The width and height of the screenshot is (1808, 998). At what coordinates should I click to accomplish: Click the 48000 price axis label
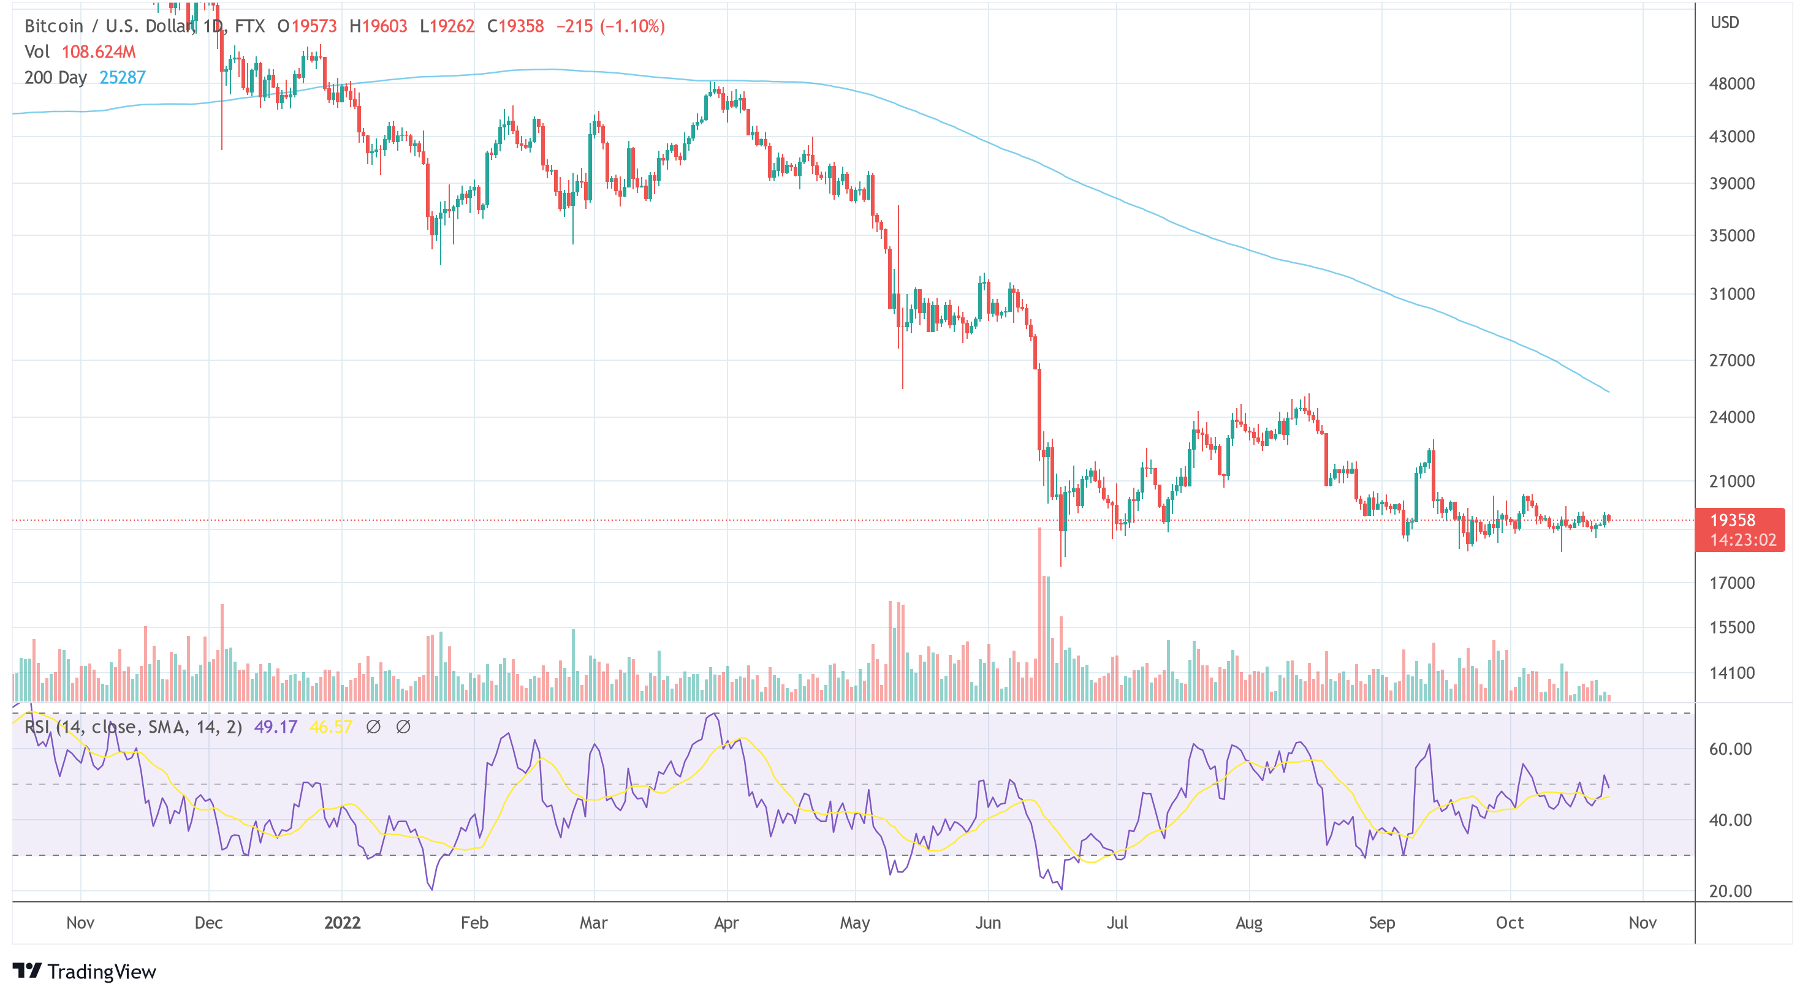coord(1731,83)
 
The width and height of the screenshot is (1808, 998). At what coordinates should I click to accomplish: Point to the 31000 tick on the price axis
coord(1731,294)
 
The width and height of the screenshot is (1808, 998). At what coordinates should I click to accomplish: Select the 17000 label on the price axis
coord(1731,583)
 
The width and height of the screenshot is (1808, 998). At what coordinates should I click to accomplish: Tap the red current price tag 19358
coord(1739,521)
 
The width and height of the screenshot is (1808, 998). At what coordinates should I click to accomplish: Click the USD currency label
coord(1725,23)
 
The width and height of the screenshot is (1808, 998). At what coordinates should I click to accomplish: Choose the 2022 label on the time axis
coord(342,922)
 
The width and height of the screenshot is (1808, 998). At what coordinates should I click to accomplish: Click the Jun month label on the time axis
coord(987,922)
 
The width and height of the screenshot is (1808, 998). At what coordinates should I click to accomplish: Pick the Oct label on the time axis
coord(1509,922)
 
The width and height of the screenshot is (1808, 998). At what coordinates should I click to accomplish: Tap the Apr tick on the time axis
coord(726,922)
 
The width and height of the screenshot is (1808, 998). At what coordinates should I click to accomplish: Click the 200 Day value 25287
coord(122,77)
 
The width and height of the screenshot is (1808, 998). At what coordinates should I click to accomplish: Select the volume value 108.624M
coord(98,52)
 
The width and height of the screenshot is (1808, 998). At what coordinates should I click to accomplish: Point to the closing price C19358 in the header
coord(515,26)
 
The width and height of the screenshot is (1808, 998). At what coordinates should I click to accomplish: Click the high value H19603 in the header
coord(378,26)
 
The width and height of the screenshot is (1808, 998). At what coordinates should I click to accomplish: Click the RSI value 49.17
coord(275,727)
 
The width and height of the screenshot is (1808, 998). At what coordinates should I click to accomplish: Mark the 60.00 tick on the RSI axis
coord(1730,749)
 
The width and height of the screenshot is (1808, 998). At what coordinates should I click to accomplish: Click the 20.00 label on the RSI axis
coord(1730,891)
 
